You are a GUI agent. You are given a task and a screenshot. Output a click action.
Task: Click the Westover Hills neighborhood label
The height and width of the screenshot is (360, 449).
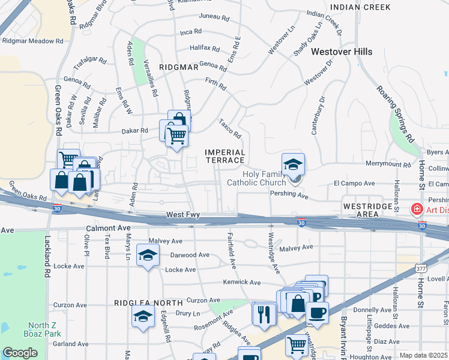(340, 52)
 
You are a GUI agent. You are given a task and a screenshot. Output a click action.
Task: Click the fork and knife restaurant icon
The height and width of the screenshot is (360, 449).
(264, 314)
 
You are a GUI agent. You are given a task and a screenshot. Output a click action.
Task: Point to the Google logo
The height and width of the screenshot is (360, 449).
(20, 353)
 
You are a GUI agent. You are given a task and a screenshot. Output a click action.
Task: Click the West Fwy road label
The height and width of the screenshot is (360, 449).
(182, 215)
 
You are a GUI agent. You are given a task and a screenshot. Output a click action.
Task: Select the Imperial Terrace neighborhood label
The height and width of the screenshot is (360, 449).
(225, 156)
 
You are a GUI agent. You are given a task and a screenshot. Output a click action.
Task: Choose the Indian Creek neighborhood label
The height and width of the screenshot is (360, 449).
(360, 7)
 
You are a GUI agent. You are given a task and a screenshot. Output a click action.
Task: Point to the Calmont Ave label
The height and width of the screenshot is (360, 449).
(108, 228)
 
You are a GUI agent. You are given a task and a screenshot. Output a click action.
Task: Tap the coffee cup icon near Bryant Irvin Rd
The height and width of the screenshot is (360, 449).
(317, 312)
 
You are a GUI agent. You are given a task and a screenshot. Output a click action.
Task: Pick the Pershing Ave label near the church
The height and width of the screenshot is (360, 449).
(289, 196)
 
